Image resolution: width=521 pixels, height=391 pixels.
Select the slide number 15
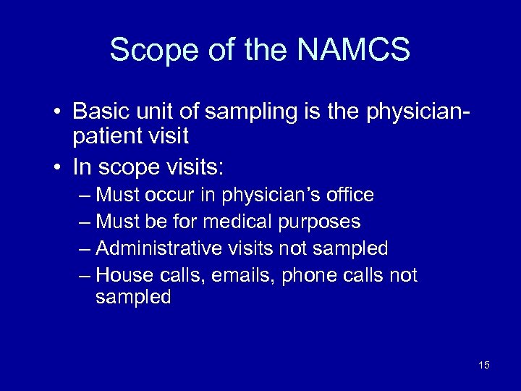[484, 365]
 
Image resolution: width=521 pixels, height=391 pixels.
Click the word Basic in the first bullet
[98, 112]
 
